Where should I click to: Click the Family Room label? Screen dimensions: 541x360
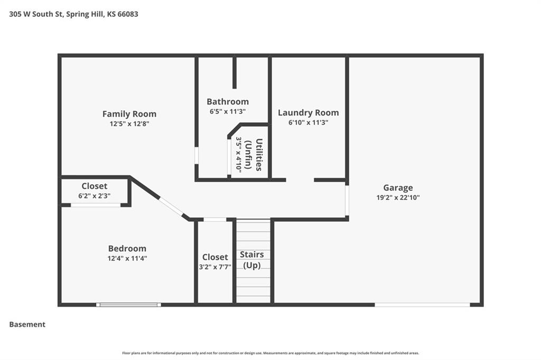[129, 114]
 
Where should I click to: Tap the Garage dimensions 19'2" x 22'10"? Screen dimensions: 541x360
[398, 197]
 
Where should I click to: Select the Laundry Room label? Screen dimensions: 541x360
[308, 113]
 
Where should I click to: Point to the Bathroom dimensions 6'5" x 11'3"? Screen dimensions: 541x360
[227, 111]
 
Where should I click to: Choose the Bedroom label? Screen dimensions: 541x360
[127, 248]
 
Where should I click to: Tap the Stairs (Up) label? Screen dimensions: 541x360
[252, 260]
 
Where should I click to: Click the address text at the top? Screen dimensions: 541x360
[73, 14]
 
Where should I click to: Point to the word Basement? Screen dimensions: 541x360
[27, 325]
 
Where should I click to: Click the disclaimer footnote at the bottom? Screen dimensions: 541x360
[270, 353]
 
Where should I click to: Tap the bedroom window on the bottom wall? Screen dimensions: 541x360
[128, 305]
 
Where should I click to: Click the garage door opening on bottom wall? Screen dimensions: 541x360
[422, 305]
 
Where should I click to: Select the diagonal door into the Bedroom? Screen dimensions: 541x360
[171, 206]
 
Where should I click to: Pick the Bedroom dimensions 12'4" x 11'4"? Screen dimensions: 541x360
[127, 258]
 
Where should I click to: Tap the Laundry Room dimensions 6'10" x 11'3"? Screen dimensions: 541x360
[308, 122]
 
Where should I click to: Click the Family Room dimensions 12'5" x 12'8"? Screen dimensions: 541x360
[129, 124]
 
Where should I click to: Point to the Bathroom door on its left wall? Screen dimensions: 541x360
[197, 156]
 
